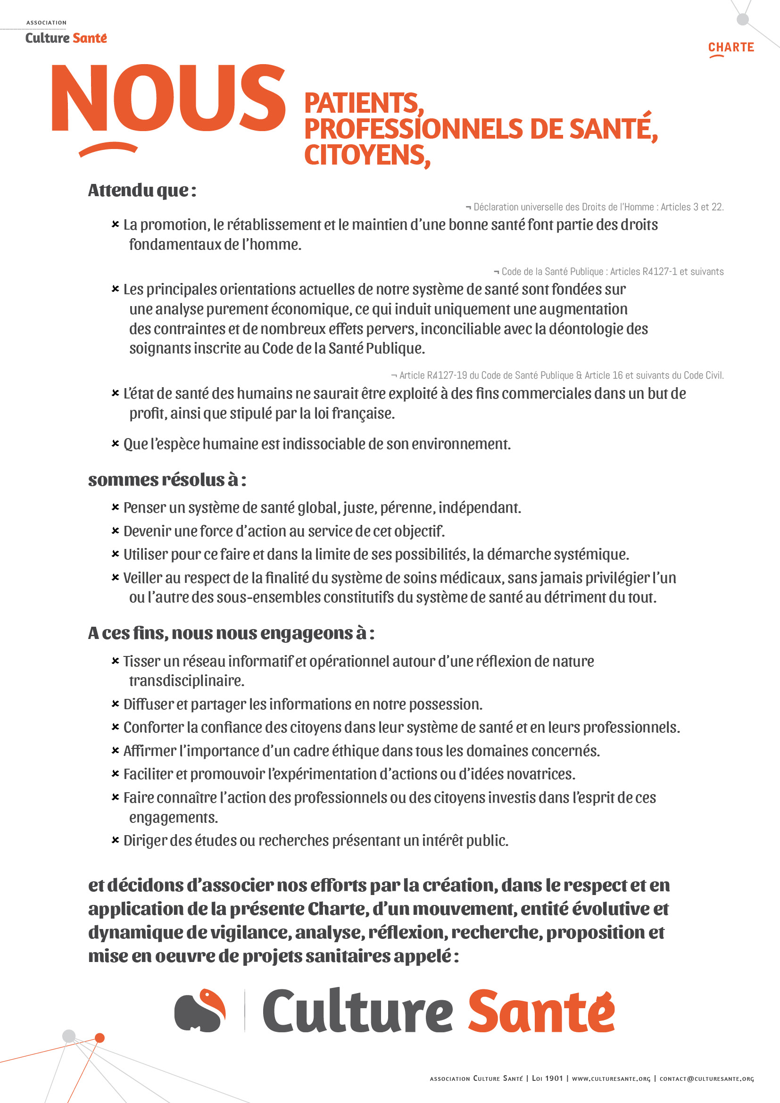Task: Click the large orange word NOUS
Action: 168,99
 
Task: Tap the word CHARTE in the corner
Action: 730,47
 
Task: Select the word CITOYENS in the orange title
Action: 366,155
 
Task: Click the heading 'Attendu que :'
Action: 141,190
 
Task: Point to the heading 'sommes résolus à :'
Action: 166,480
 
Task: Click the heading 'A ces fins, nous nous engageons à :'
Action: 231,633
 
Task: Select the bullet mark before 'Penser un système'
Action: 115,507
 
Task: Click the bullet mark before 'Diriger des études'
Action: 115,840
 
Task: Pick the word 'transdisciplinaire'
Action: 186,681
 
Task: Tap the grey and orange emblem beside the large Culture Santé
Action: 200,1011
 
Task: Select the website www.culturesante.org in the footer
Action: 610,1078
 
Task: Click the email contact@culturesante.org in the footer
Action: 706,1078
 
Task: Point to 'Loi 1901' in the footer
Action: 547,1078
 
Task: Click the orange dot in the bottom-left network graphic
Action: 100,1038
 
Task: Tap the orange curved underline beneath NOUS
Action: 108,149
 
